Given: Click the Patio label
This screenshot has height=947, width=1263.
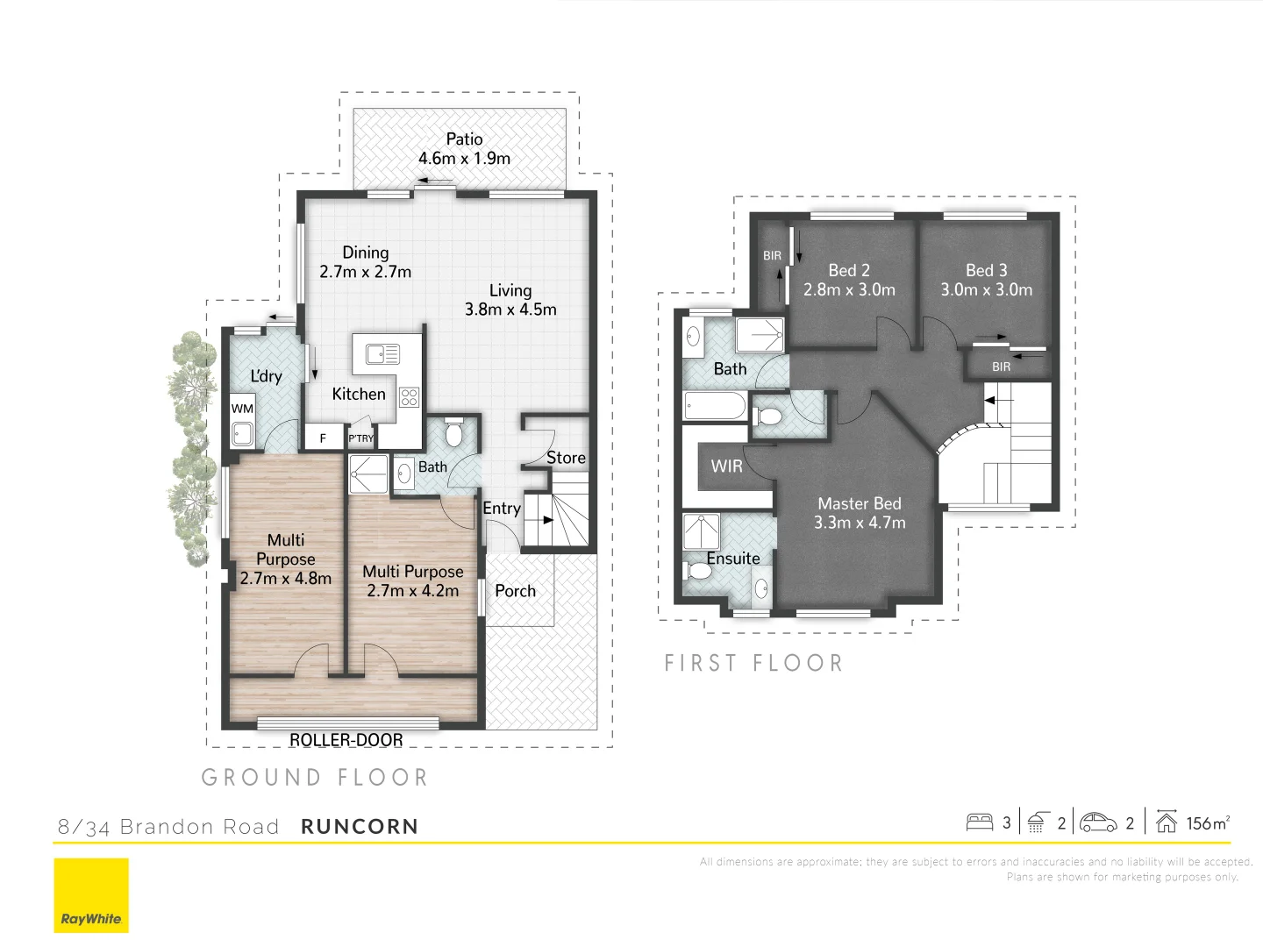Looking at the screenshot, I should pyautogui.click(x=464, y=139).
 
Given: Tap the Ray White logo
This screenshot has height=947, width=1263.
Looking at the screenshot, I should pyautogui.click(x=91, y=895).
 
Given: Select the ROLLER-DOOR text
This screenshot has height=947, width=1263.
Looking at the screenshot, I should pyautogui.click(x=346, y=740).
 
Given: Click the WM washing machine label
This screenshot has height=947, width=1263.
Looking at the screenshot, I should pyautogui.click(x=242, y=409).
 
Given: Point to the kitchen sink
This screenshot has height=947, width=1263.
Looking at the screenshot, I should pyautogui.click(x=382, y=354).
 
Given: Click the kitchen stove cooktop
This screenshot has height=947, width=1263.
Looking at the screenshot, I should pyautogui.click(x=409, y=397).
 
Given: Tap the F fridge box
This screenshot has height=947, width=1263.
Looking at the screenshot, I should pyautogui.click(x=323, y=438).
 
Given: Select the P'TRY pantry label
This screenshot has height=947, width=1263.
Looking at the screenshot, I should pyautogui.click(x=360, y=438).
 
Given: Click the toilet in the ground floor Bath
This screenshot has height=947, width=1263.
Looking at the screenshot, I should pyautogui.click(x=453, y=433).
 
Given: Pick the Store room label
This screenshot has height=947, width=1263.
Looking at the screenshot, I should pyautogui.click(x=566, y=458).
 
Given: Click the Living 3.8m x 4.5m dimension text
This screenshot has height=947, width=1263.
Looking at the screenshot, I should pyautogui.click(x=510, y=310).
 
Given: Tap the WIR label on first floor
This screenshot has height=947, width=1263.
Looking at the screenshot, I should pyautogui.click(x=726, y=466).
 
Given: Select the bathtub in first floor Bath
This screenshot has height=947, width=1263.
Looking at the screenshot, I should pyautogui.click(x=715, y=406).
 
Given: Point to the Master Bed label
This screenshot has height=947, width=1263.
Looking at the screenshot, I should pyautogui.click(x=860, y=503).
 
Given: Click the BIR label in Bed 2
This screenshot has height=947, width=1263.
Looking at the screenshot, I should pyautogui.click(x=772, y=256).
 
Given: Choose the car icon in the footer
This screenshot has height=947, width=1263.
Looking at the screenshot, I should pyautogui.click(x=1098, y=822).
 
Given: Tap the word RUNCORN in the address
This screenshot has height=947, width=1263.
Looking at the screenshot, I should pyautogui.click(x=360, y=827).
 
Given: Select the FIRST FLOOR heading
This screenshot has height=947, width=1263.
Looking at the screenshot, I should pyautogui.click(x=753, y=663).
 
